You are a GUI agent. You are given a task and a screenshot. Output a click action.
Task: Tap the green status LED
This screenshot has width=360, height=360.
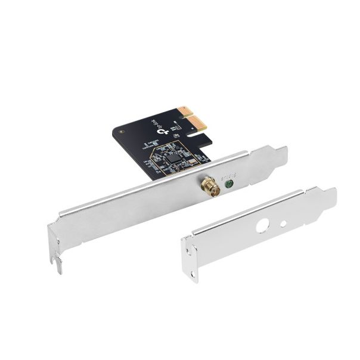[228, 184]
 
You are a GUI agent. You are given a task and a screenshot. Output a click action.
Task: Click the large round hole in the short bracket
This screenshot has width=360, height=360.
[262, 226]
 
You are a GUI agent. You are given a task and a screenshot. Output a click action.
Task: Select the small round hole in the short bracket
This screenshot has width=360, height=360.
[283, 225]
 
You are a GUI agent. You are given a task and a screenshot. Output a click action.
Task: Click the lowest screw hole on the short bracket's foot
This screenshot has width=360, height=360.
[193, 274]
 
